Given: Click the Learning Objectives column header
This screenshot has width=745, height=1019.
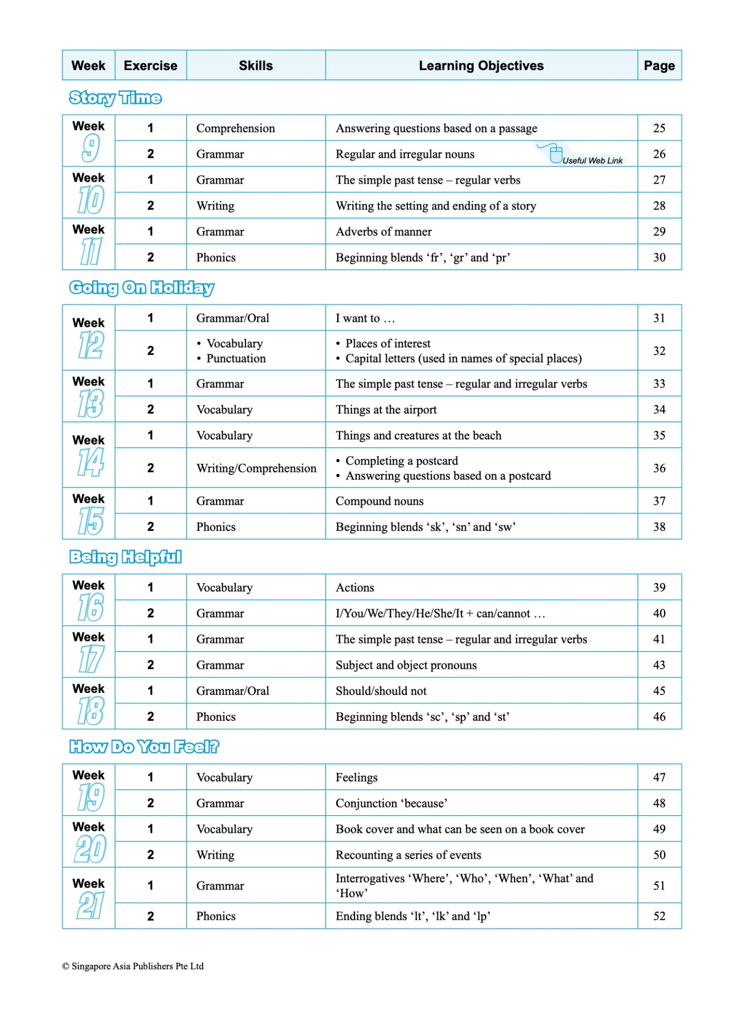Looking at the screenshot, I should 481,66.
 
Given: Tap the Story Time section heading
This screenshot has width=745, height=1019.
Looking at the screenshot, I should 115,98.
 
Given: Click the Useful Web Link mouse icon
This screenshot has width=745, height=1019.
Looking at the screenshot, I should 555,154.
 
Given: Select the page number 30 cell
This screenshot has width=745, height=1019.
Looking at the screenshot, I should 659,257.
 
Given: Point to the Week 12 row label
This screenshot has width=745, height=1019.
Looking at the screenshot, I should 89,337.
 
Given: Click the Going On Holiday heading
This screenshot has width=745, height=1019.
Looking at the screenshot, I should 142,287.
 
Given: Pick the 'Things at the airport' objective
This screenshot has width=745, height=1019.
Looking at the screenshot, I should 386,410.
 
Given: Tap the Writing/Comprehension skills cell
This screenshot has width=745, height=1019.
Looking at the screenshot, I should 256,468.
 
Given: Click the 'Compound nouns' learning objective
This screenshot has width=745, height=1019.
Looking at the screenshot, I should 379,501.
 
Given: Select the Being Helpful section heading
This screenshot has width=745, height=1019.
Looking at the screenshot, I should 125,557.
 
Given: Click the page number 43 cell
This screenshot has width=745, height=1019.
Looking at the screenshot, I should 659,665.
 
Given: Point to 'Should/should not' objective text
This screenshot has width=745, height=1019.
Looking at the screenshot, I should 381,691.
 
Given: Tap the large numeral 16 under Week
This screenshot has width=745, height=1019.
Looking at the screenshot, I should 91,607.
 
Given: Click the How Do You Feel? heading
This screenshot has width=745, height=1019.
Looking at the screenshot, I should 144,747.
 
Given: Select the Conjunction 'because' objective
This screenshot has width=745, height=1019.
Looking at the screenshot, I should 391,803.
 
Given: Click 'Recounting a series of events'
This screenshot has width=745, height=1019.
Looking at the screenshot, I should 408,855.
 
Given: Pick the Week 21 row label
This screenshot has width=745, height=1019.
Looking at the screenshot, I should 89,898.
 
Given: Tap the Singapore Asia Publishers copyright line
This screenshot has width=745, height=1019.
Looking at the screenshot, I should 133,966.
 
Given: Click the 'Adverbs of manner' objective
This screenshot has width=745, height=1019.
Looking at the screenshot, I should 384,232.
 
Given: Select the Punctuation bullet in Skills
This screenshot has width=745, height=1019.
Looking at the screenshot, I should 236,359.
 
